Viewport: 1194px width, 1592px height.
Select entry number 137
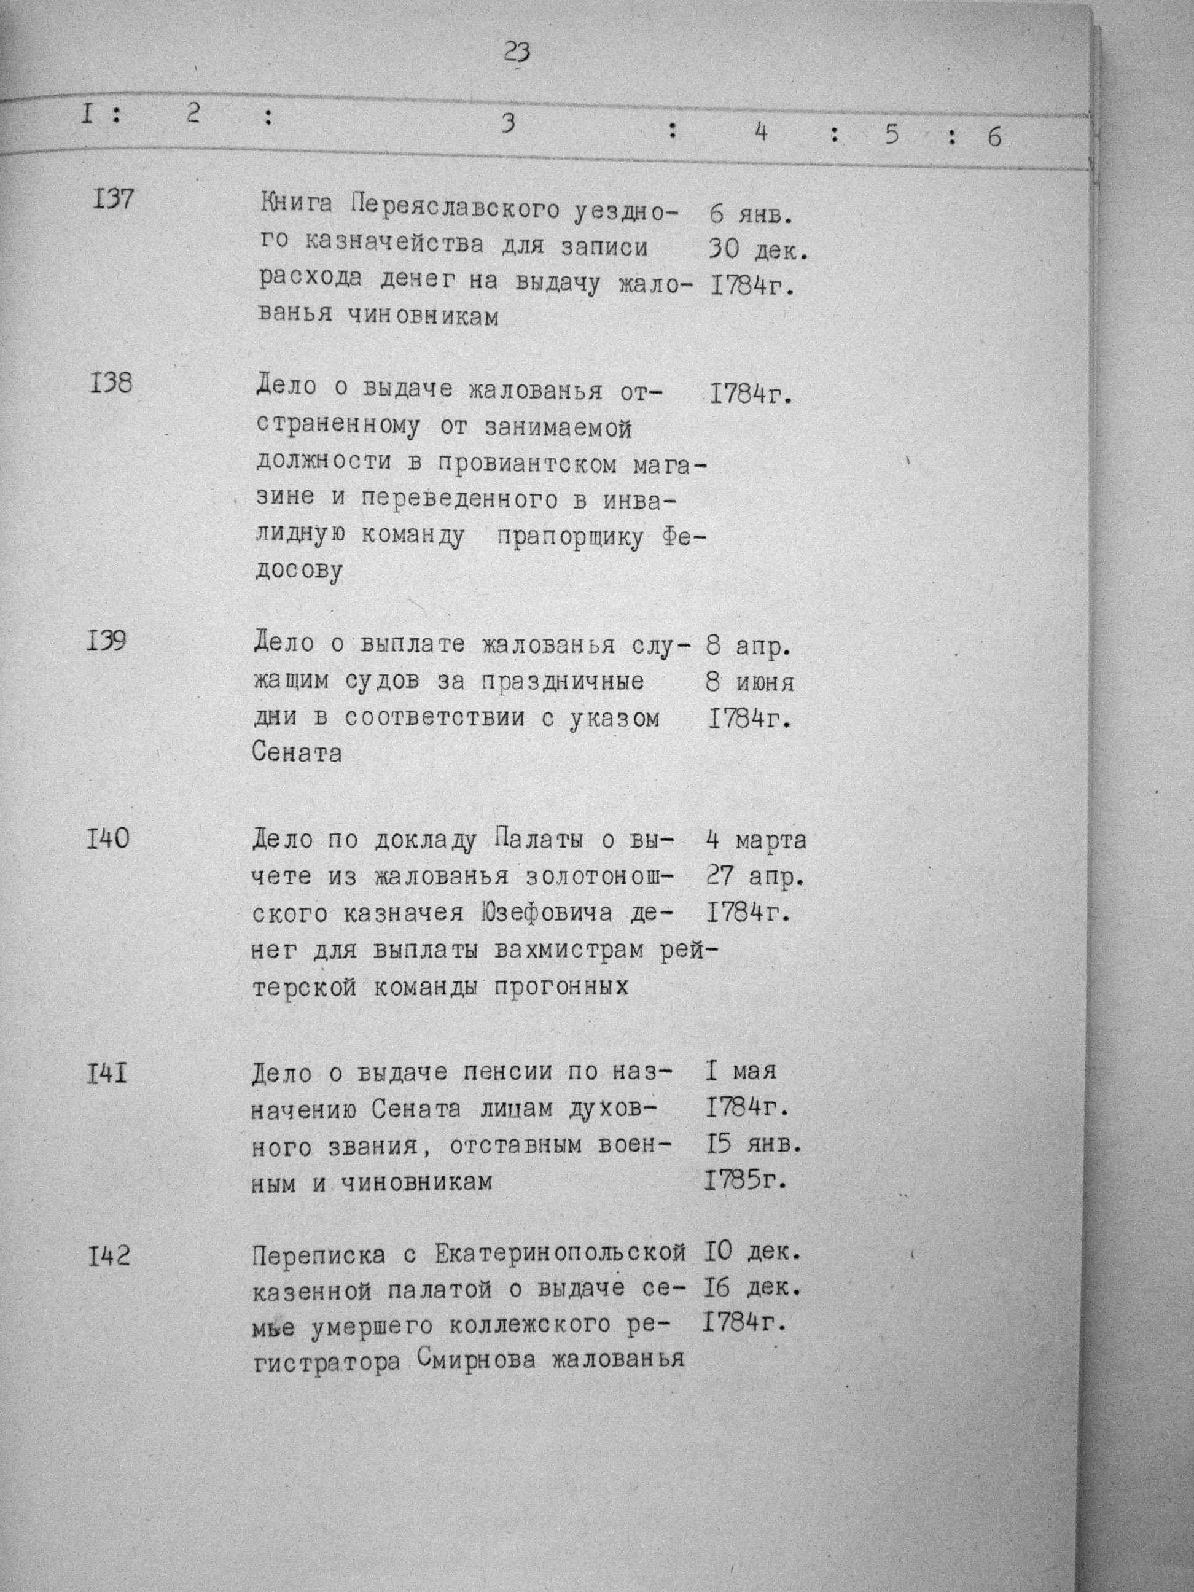tap(113, 198)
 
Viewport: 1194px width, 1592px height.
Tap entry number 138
tap(113, 383)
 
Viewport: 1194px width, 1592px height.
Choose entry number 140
tap(109, 838)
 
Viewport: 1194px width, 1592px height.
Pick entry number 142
tap(109, 1257)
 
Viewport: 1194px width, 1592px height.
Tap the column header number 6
tap(994, 136)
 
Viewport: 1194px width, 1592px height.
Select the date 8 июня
tap(750, 682)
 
